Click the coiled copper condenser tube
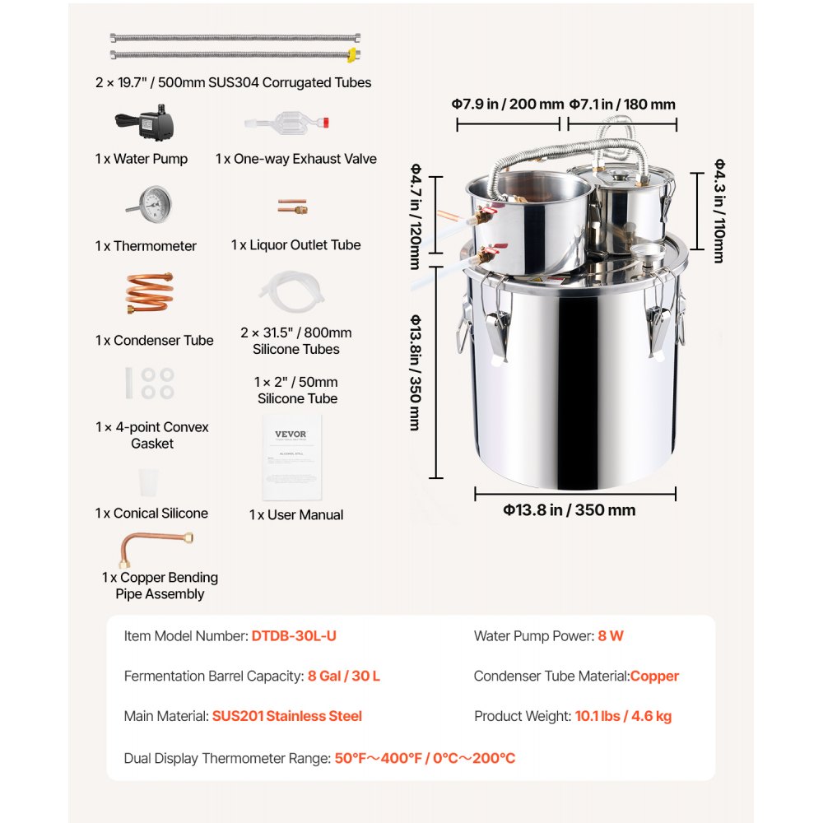[x=149, y=293]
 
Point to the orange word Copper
[x=654, y=677]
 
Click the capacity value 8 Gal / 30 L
[x=344, y=677]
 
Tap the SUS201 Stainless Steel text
[x=286, y=716]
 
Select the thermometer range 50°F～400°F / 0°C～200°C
[x=425, y=758]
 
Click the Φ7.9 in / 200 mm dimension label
[x=507, y=105]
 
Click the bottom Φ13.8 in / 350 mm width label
[x=570, y=510]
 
